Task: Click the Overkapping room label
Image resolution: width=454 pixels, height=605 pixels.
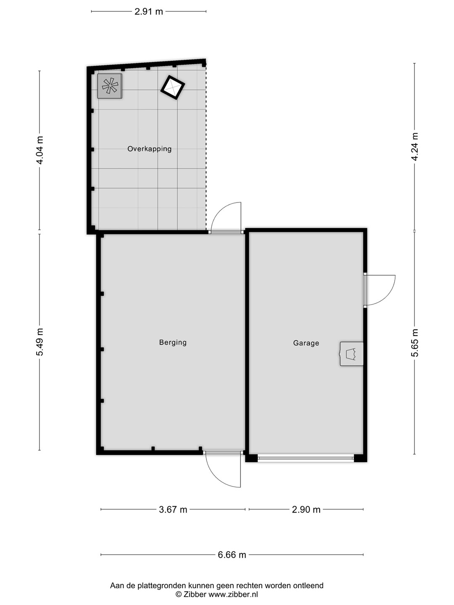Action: (149, 149)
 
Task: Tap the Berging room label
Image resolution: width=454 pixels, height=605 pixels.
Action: (173, 342)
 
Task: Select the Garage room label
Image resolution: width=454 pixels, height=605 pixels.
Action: (306, 343)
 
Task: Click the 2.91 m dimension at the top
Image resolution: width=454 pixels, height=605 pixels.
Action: (148, 12)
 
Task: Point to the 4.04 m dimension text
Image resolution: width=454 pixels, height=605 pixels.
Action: (40, 150)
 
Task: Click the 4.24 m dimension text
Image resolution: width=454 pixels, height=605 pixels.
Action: (414, 146)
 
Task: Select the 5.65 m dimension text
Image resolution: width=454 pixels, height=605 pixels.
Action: (414, 343)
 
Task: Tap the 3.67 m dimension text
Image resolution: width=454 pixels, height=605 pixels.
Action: (173, 510)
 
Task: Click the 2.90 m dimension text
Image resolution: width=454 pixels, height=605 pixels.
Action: (306, 510)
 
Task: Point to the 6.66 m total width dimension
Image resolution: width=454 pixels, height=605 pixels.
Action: (232, 555)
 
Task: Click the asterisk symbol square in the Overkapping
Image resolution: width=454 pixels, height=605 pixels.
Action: (110, 86)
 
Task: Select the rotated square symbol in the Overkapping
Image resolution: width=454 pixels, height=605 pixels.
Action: (172, 88)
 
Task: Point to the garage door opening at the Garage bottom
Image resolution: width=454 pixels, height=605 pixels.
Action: (306, 458)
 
